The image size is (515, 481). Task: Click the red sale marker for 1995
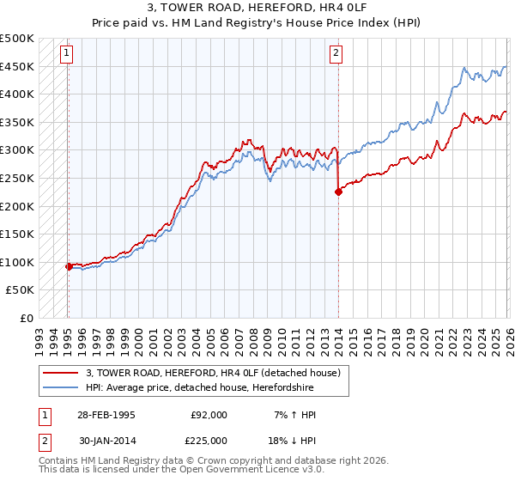point(68,266)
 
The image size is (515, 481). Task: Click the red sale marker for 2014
point(338,192)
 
